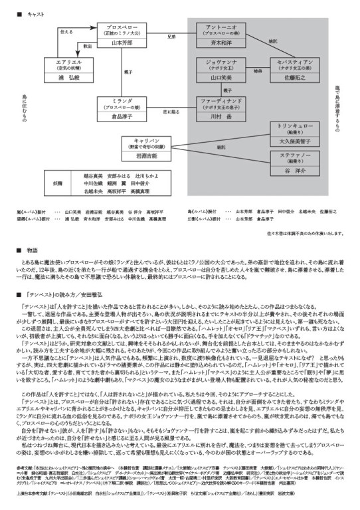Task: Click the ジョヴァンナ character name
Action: [218, 60]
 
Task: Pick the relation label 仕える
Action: [66, 31]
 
